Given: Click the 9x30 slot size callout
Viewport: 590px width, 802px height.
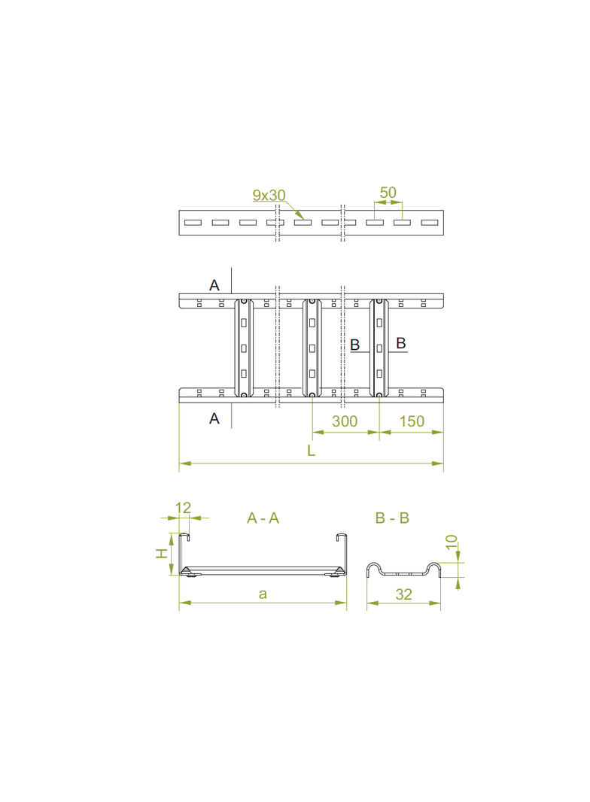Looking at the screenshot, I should (269, 196).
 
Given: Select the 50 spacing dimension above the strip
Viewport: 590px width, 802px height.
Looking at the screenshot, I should (388, 193).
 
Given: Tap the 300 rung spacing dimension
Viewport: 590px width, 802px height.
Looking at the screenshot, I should (345, 421).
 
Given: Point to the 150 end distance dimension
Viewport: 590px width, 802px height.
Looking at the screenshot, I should (412, 421).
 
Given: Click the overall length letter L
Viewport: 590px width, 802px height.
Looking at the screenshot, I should (311, 451).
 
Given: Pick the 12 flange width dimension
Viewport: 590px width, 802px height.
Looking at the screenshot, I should (183, 508).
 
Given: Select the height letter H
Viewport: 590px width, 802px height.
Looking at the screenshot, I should (161, 553).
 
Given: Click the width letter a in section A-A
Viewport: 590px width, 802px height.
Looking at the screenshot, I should (263, 594).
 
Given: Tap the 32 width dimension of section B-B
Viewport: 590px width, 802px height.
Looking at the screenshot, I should (403, 594).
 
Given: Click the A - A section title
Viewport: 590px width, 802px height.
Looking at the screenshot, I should (263, 518).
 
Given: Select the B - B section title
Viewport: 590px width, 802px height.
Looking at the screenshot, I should (391, 518).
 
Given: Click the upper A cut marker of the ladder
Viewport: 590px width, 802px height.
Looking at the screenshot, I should (214, 285).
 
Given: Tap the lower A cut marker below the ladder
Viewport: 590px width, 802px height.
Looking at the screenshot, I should (214, 418).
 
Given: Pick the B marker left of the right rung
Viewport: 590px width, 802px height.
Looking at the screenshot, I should (356, 344).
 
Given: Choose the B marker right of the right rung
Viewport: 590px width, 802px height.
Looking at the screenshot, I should (401, 343).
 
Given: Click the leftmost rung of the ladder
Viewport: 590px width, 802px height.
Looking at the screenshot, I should (243, 347).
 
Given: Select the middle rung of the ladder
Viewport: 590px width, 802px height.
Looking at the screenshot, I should (312, 347).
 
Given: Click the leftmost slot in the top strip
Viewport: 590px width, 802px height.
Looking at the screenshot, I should (193, 222).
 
